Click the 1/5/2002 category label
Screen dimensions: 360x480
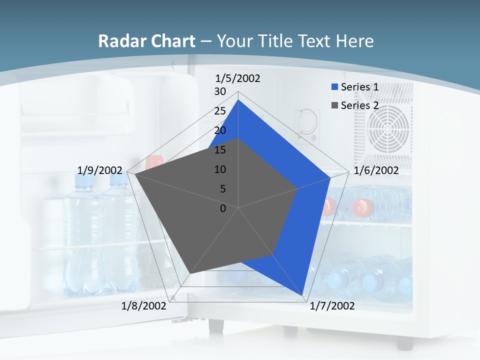(237, 78)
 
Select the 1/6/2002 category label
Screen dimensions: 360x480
(376, 170)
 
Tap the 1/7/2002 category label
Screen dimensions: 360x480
(332, 306)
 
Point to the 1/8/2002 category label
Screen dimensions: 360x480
(144, 306)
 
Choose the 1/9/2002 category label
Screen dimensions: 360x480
(100, 170)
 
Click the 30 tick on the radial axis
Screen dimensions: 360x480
(220, 91)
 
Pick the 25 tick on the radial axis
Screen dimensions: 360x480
(220, 111)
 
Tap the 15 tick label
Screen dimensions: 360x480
(220, 150)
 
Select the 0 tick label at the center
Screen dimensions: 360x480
(223, 208)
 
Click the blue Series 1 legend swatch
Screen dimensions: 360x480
(334, 87)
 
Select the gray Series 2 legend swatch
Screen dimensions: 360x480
(334, 105)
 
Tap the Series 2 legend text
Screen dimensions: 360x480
(359, 105)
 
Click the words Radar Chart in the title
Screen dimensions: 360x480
(146, 41)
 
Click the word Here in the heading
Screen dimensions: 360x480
(354, 41)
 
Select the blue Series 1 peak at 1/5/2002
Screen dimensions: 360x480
(238, 100)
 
